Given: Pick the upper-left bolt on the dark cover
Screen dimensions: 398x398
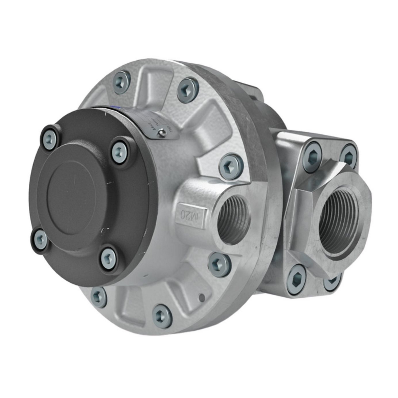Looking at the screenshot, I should (50, 138).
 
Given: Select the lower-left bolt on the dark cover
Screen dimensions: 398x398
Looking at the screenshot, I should (41, 240).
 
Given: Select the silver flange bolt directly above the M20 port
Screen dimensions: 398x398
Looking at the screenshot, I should (231, 166).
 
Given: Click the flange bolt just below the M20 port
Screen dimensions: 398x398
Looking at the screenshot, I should (219, 265).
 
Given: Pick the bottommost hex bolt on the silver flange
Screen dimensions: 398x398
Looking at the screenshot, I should (162, 316).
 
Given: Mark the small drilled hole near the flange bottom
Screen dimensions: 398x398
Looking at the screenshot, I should (202, 298).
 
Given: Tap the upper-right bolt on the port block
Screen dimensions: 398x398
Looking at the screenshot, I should (349, 156).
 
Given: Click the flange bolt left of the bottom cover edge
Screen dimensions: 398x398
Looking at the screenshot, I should (99, 297).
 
